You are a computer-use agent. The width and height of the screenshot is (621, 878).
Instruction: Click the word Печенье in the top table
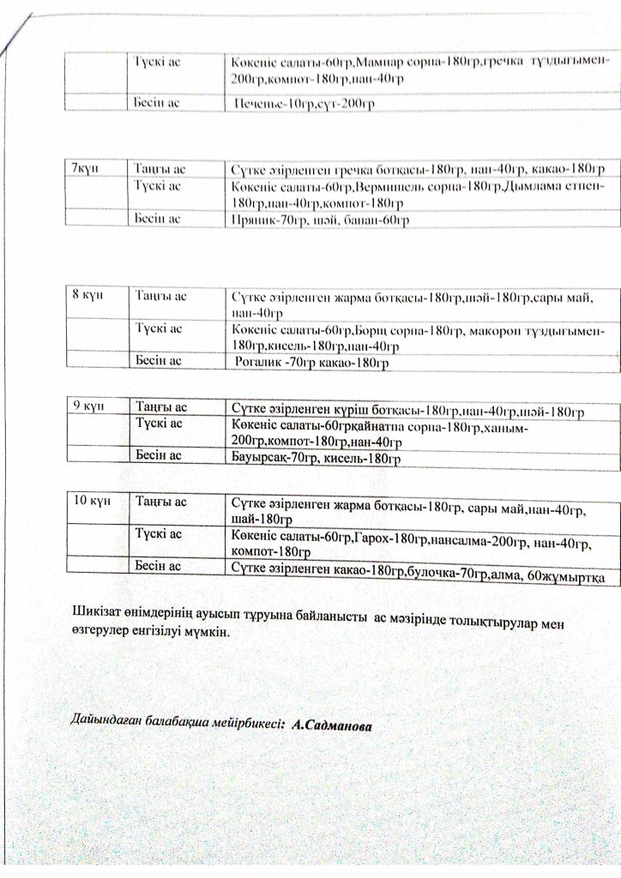(262, 105)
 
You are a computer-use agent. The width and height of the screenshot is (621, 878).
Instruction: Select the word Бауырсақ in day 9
(261, 459)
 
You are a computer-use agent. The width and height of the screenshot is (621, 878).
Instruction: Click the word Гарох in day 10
(374, 536)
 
